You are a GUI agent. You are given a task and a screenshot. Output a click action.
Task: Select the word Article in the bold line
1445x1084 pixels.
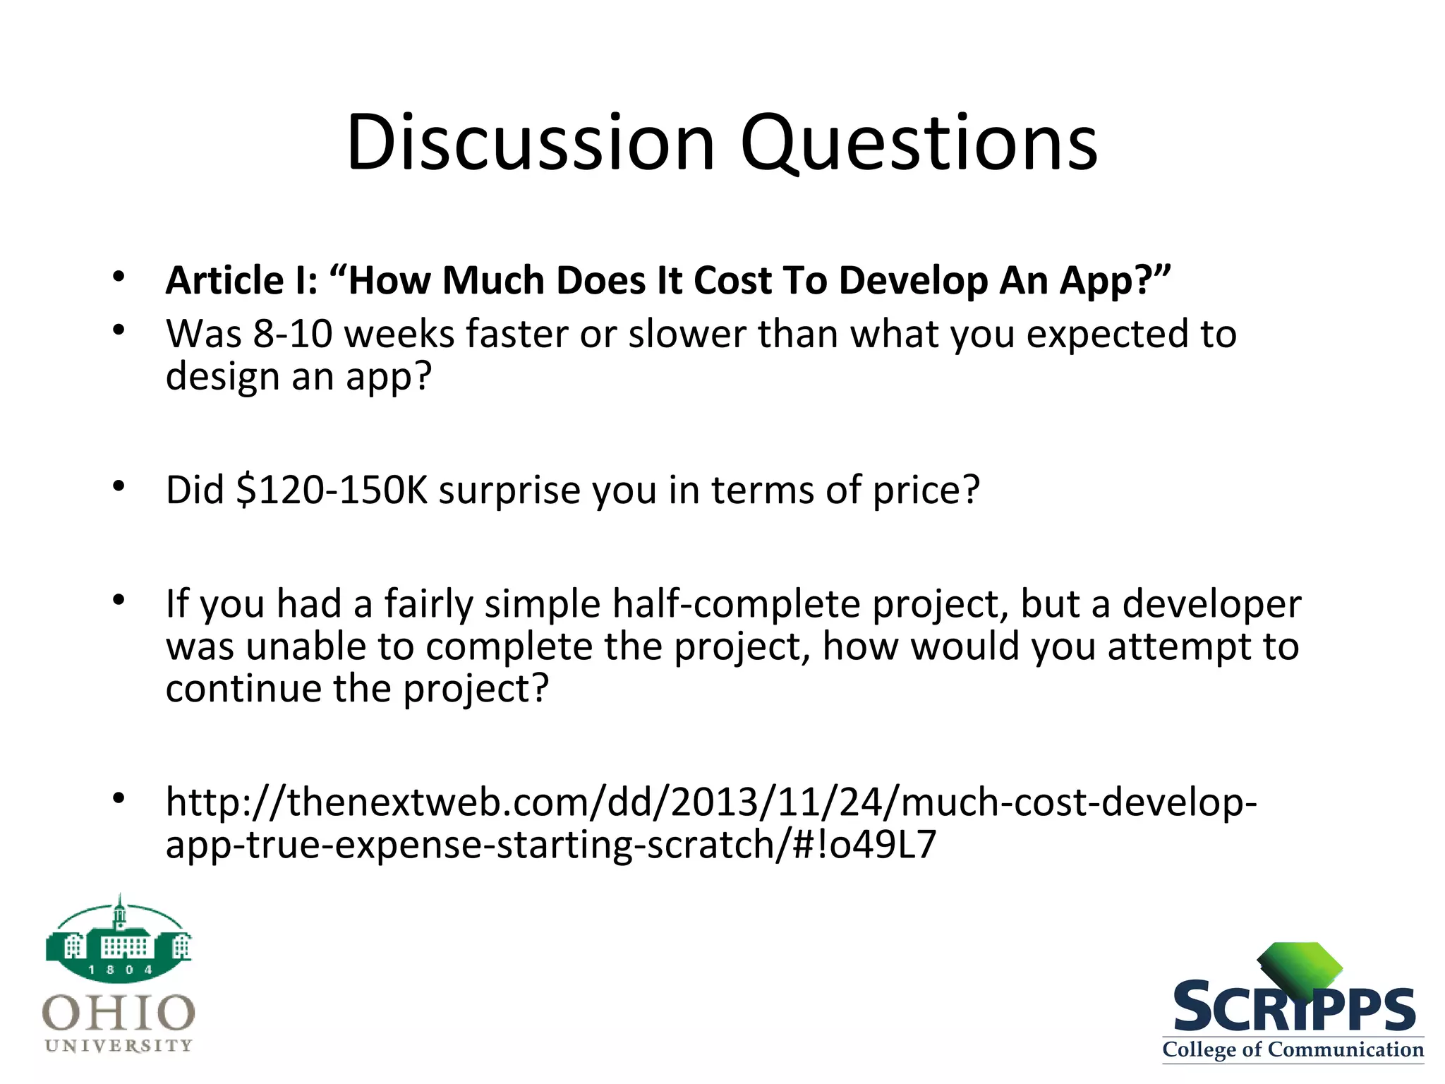tap(224, 280)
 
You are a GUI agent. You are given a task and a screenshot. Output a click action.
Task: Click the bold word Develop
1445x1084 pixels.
tap(912, 282)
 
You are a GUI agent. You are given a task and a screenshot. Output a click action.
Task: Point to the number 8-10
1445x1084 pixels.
tap(292, 334)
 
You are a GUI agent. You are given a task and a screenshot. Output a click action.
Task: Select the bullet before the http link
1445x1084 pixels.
tap(119, 798)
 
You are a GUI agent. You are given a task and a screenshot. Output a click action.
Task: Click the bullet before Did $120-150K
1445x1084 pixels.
tap(119, 486)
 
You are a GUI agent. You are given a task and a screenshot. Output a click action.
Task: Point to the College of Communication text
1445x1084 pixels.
tap(1293, 1049)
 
